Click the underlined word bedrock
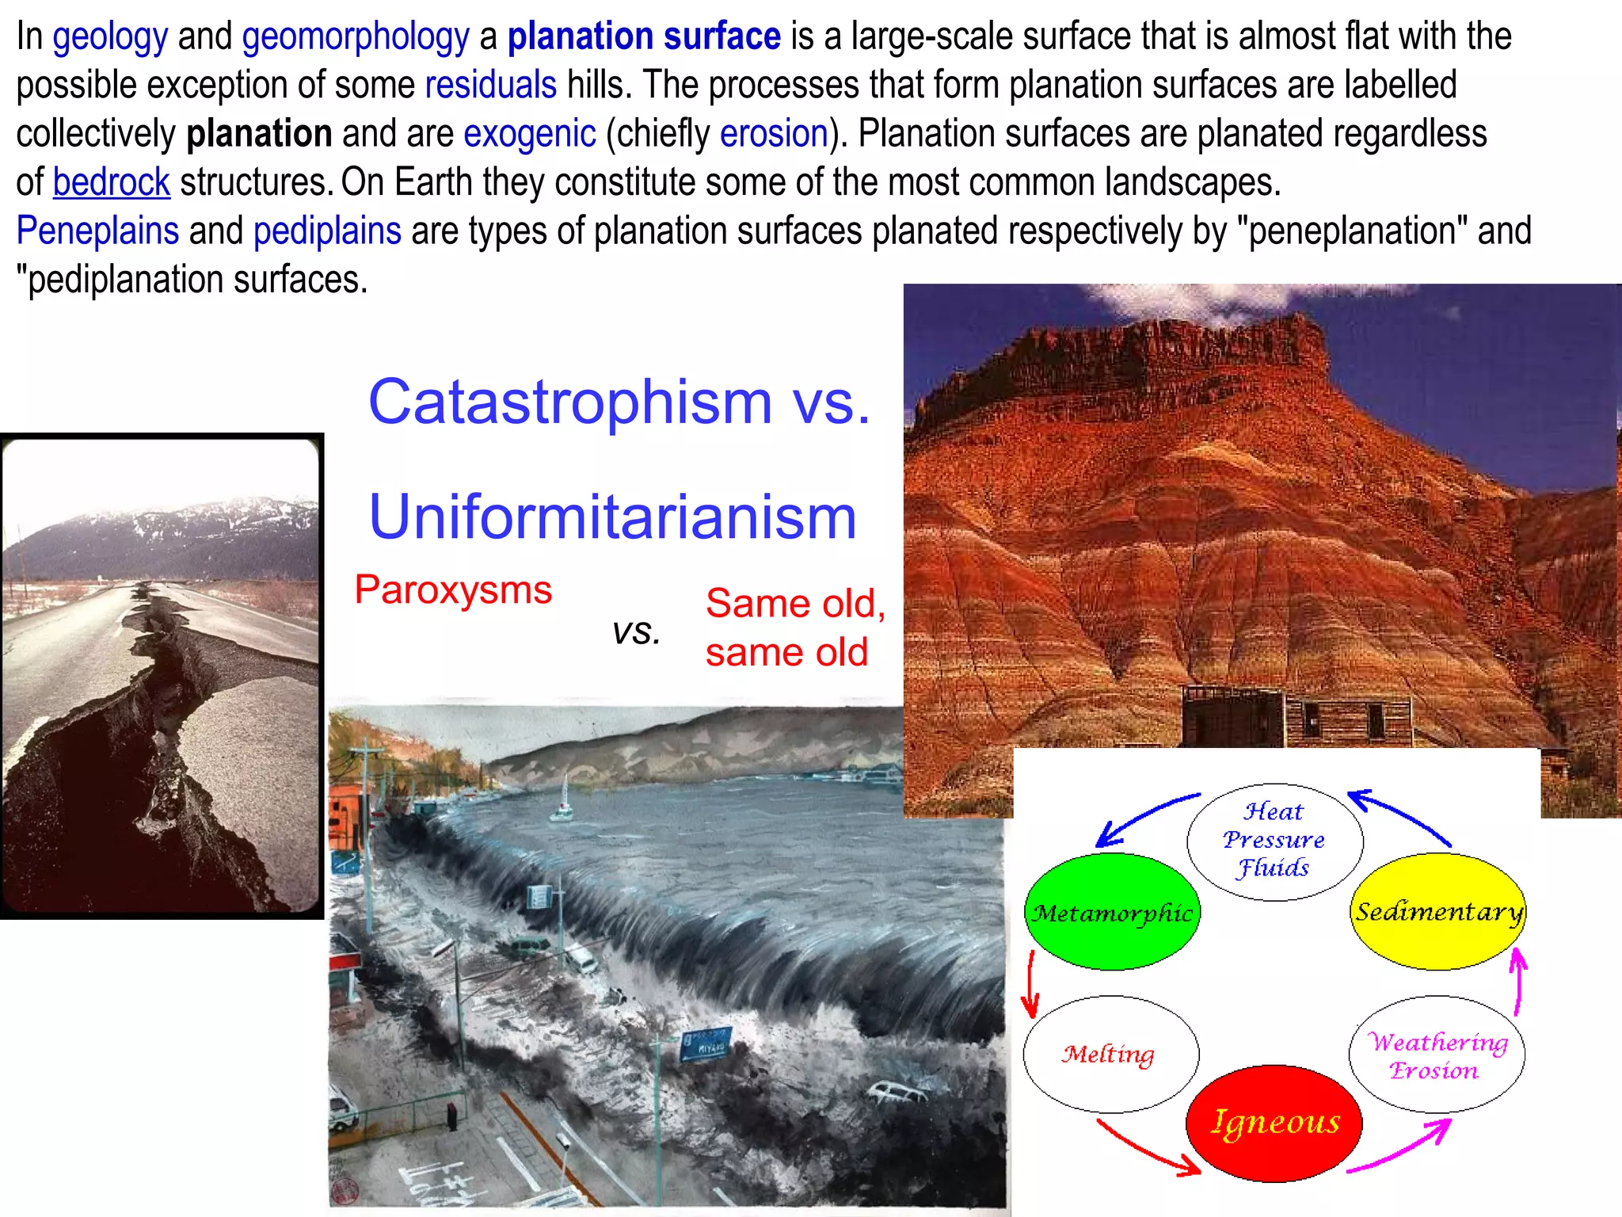[111, 182]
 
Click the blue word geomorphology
[356, 36]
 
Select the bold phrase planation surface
[643, 36]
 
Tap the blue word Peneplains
[97, 231]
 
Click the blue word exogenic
[529, 133]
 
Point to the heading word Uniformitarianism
[612, 517]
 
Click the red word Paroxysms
[453, 590]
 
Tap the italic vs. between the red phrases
[636, 631]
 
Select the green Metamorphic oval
[1112, 912]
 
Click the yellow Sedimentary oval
[1437, 911]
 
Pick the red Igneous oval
[1274, 1123]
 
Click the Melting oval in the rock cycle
[1110, 1054]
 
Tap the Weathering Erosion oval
[1437, 1055]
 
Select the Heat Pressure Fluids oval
[1274, 841]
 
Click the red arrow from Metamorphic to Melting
[1030, 983]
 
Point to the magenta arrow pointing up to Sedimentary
[1518, 982]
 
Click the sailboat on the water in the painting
[562, 802]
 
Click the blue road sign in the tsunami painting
[705, 1044]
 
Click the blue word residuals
[490, 85]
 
